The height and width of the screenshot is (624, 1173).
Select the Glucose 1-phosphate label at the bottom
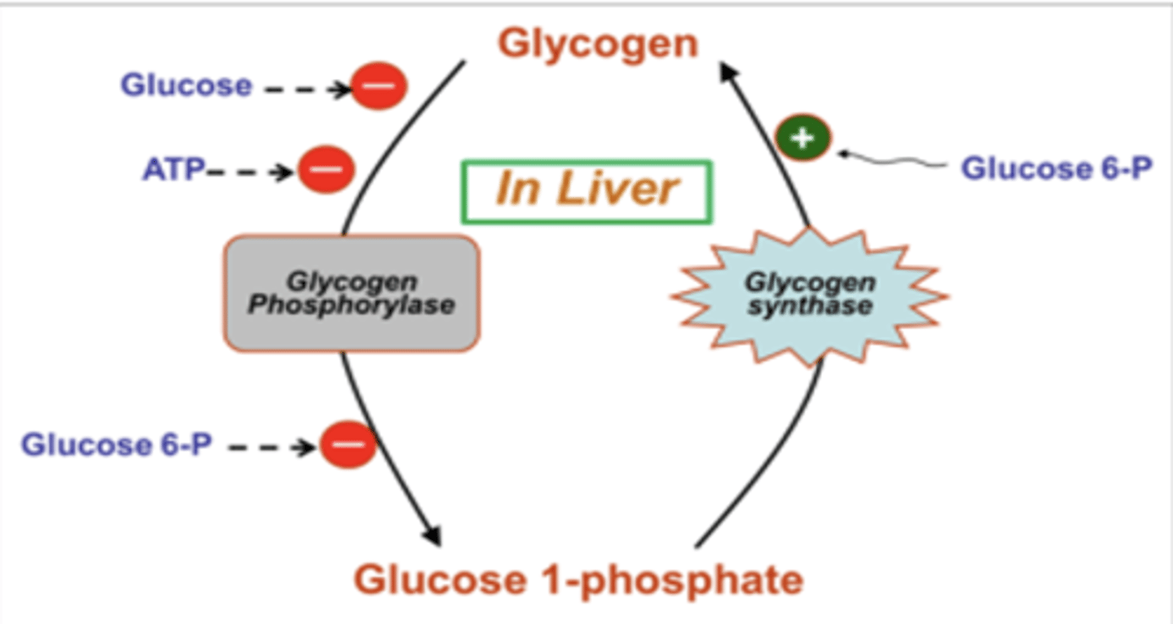coord(578,580)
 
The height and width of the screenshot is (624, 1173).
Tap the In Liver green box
coord(586,191)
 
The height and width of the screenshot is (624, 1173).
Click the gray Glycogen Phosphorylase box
coord(352,293)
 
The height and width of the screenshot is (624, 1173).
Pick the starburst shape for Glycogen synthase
coord(810,295)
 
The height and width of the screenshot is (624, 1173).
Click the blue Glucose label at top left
coord(187,85)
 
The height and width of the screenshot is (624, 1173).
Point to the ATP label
coord(174,170)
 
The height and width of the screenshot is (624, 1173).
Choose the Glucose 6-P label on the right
coord(1057,169)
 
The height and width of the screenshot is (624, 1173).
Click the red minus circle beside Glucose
coord(379,86)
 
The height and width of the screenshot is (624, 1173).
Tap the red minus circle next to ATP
coord(327,170)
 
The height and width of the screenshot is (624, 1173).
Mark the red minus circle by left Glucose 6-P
coord(348,445)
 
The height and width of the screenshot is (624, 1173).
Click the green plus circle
coord(802,138)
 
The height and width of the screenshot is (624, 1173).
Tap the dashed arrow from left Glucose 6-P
coord(272,446)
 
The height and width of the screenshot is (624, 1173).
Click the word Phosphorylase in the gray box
coord(352,305)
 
